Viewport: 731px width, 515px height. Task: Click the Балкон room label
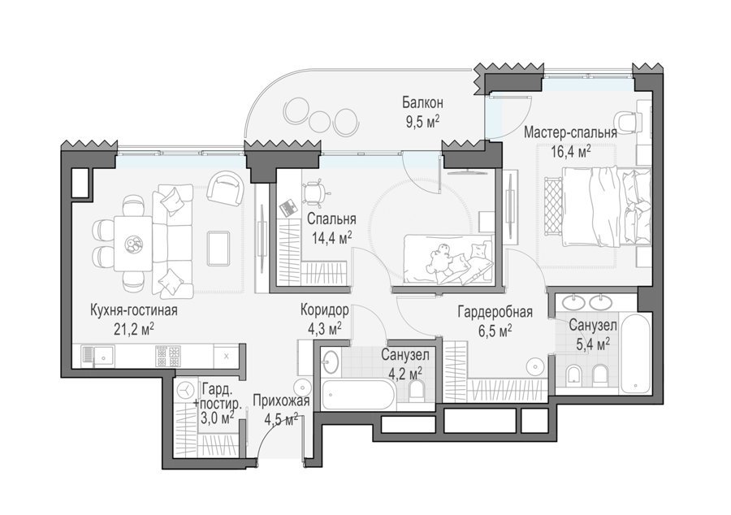click(x=422, y=102)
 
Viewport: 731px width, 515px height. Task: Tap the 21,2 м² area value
click(x=134, y=330)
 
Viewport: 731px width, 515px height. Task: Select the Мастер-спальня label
click(x=570, y=132)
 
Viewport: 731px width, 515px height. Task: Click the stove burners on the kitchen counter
click(x=168, y=357)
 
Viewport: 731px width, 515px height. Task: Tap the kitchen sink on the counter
click(x=98, y=356)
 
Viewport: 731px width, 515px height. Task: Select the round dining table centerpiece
click(x=133, y=243)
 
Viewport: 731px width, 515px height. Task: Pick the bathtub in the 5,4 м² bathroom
click(x=635, y=354)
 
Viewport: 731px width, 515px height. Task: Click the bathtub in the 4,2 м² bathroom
click(x=358, y=394)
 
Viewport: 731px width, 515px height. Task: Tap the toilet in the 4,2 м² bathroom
click(x=415, y=391)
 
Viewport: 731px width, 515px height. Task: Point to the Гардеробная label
click(x=495, y=312)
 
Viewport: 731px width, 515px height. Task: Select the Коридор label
click(x=324, y=310)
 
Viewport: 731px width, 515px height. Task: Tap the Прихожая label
click(x=281, y=400)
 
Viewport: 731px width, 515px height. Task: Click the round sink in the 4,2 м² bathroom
click(x=331, y=361)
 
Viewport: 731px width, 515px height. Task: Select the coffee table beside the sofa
click(x=218, y=249)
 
